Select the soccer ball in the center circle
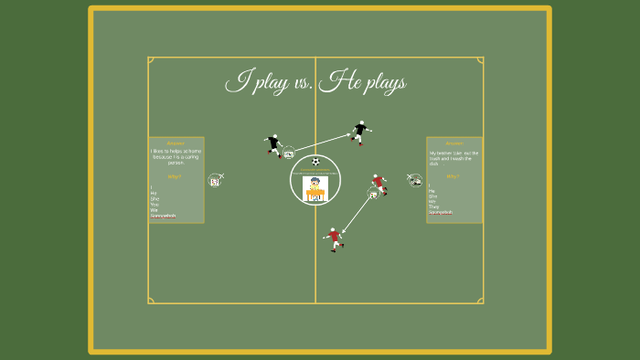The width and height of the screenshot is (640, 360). [315, 162]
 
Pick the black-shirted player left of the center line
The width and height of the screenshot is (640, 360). [274, 144]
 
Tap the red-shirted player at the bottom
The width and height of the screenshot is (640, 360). [335, 238]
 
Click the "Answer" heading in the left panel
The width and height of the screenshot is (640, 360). [176, 143]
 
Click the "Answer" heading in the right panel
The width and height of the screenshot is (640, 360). [454, 143]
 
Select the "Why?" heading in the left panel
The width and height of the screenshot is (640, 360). [175, 176]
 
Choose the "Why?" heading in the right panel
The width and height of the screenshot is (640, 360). [453, 176]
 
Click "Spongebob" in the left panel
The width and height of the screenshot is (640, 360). [164, 217]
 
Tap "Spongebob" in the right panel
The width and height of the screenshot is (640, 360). [441, 213]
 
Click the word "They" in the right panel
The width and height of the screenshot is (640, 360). [433, 207]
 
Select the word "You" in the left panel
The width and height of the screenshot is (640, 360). [155, 205]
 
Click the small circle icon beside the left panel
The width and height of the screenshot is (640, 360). [215, 181]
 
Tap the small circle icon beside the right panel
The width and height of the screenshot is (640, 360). [416, 180]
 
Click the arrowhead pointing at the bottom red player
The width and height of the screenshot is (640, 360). [343, 231]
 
